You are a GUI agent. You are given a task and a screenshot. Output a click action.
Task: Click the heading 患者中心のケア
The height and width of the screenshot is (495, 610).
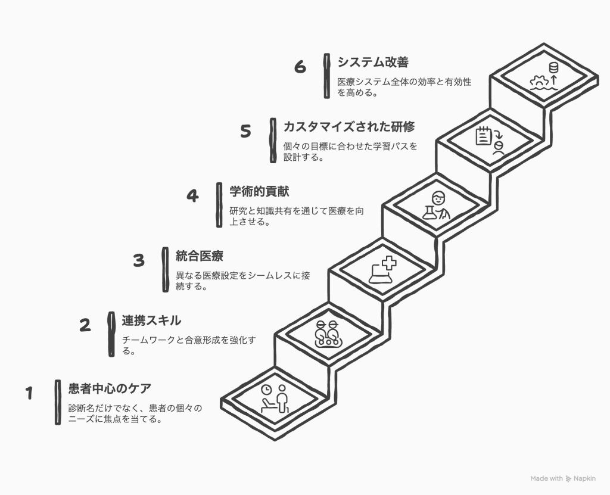pyautogui.click(x=110, y=390)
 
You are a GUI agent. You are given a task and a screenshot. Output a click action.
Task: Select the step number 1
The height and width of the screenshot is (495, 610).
pyautogui.click(x=29, y=393)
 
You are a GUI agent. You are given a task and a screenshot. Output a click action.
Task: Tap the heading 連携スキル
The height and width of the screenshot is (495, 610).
pyautogui.click(x=151, y=321)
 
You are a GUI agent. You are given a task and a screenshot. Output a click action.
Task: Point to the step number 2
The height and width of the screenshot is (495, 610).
pyautogui.click(x=85, y=325)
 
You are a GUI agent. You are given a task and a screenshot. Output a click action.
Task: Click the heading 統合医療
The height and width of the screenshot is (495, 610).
pyautogui.click(x=200, y=257)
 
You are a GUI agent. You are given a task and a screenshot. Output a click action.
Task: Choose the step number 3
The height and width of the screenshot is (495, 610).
pyautogui.click(x=139, y=260)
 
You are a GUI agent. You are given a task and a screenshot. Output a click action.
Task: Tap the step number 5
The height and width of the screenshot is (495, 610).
pyautogui.click(x=245, y=131)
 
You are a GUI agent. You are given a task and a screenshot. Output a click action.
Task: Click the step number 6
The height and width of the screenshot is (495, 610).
pyautogui.click(x=300, y=67)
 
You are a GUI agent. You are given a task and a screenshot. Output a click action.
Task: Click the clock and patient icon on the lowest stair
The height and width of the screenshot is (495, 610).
pyautogui.click(x=275, y=399)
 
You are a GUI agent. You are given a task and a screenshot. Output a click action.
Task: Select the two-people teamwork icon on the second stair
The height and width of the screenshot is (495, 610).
pyautogui.click(x=328, y=334)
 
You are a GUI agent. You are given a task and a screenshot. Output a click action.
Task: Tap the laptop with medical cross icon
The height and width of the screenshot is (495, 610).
pyautogui.click(x=381, y=269)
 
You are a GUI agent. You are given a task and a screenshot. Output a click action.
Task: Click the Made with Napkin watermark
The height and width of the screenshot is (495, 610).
pyautogui.click(x=562, y=478)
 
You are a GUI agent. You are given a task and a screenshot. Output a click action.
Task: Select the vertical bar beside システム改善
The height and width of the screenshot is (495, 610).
pyautogui.click(x=326, y=76)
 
